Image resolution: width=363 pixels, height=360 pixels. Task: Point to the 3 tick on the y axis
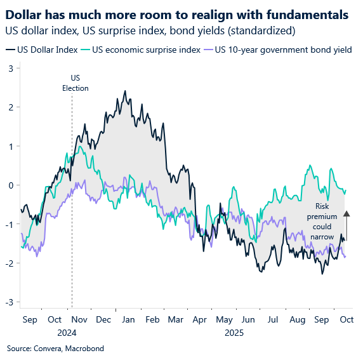tap(10, 68)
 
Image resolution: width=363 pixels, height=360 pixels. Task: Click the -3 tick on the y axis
tap(9, 302)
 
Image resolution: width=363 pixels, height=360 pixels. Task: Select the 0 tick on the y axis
tap(10, 185)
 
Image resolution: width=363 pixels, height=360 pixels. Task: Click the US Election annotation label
tap(75, 84)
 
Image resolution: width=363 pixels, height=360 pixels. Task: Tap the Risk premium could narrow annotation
tap(322, 222)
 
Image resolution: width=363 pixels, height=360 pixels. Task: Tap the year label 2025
tap(234, 331)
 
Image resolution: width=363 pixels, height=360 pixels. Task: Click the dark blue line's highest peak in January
tap(124, 91)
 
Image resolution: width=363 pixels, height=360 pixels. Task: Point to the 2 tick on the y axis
tap(10, 107)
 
